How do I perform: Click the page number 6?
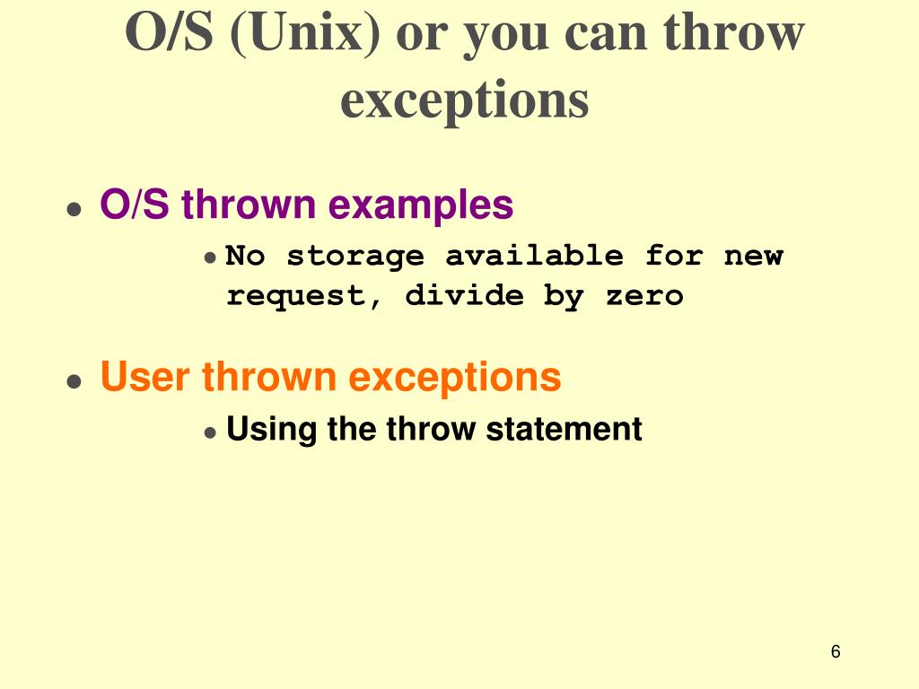coord(836,652)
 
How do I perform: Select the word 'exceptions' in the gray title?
coord(464,100)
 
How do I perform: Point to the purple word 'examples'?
coord(421,205)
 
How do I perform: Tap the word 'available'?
coord(534,257)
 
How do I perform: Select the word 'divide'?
coord(464,296)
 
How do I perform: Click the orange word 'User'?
coord(145,377)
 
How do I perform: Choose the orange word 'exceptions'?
coord(455,377)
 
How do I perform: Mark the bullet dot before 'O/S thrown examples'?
coord(74,210)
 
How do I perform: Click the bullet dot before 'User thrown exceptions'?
coord(74,381)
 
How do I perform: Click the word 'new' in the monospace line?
coord(753,257)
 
